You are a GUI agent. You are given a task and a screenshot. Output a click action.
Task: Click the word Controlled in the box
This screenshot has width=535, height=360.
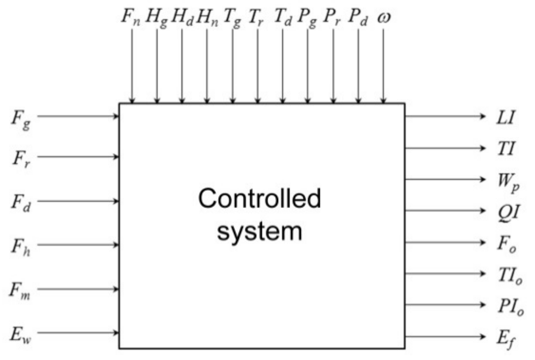259,199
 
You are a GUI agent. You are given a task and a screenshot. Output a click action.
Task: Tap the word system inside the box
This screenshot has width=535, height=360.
259,231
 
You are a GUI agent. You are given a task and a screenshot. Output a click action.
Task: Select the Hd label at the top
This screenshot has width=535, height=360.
181,17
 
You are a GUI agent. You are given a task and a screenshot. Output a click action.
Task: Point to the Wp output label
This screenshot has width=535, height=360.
508,183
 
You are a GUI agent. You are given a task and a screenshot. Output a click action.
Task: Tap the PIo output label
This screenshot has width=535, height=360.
511,307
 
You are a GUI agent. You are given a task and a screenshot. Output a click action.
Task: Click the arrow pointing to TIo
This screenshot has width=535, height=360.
445,274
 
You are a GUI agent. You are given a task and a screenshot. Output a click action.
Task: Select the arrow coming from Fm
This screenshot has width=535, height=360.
78,289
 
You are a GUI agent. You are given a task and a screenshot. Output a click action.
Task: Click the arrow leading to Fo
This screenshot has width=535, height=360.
445,242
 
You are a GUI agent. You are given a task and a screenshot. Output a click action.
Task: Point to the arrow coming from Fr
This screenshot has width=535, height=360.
78,156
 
